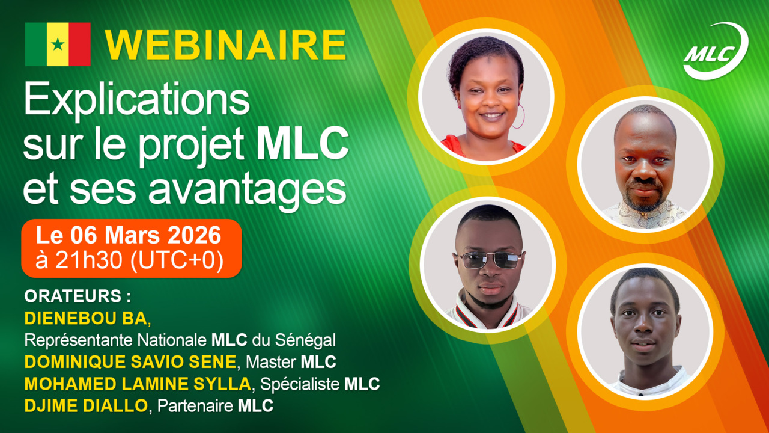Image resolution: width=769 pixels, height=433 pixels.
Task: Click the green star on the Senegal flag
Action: [x=58, y=45]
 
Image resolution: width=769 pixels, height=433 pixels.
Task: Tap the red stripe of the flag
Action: [x=79, y=45]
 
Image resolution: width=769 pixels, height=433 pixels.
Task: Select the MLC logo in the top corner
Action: [x=715, y=52]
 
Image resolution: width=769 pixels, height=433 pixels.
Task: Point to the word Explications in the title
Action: [x=136, y=100]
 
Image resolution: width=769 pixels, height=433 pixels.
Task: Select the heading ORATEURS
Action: [x=77, y=297]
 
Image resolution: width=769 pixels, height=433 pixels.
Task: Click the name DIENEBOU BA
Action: [x=85, y=318]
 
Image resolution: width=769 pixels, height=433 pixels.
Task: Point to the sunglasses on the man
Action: [x=490, y=260]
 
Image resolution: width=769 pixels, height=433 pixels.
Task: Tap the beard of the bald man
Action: [x=643, y=195]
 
